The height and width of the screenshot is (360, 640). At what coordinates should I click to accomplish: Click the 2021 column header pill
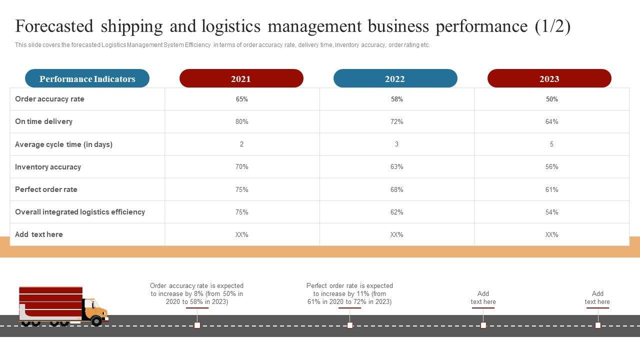(x=241, y=78)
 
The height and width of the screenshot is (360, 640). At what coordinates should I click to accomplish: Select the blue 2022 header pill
(x=395, y=78)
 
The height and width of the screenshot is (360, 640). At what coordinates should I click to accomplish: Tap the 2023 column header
(x=549, y=78)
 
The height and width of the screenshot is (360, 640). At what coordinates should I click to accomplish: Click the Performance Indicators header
(x=87, y=78)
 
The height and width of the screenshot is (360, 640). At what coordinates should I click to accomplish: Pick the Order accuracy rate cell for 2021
(x=242, y=99)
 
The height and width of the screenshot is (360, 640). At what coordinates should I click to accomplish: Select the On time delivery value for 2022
(x=397, y=121)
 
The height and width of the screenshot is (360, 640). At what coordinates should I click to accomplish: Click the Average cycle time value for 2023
(x=551, y=144)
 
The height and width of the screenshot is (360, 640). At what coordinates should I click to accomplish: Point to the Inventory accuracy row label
(x=48, y=167)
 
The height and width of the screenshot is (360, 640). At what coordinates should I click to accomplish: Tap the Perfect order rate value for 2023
(x=551, y=189)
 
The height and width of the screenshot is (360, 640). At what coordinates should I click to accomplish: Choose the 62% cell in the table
(x=397, y=212)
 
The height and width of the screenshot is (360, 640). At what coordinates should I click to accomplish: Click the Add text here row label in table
(x=39, y=234)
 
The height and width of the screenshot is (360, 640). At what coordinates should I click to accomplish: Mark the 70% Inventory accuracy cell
(x=242, y=167)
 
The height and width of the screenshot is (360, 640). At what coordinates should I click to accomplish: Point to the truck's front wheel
(x=96, y=321)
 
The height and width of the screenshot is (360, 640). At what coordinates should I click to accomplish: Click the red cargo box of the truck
(x=50, y=302)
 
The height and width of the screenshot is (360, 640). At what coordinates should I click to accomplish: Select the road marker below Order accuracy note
(x=197, y=325)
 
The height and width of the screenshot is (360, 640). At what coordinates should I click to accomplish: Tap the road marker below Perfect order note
(x=350, y=325)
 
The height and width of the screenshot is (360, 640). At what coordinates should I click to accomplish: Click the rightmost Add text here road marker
(x=598, y=325)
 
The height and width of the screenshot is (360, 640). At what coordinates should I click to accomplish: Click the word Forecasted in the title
(x=54, y=26)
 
